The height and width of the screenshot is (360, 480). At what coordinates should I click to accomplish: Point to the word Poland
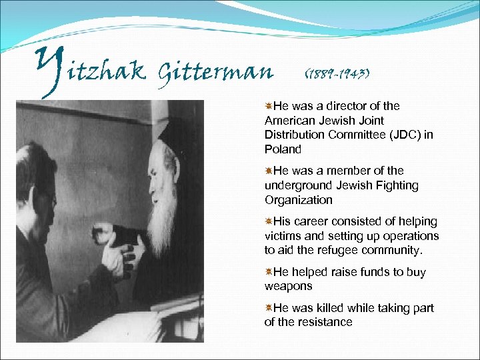tap(283, 149)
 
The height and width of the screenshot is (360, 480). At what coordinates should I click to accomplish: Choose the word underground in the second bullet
tap(296, 185)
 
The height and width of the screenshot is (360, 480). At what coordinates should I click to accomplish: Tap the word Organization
tap(298, 200)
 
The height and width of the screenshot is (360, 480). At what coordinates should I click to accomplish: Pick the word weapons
tap(289, 286)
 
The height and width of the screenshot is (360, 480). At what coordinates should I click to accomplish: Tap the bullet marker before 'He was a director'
tap(269, 106)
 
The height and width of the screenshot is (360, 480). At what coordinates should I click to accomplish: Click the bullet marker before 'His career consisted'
tap(269, 221)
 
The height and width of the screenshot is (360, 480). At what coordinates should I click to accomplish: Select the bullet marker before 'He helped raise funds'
tap(269, 272)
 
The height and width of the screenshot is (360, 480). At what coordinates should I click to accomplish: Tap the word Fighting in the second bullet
tap(395, 185)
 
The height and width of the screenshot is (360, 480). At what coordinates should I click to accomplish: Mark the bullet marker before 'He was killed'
tap(269, 308)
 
